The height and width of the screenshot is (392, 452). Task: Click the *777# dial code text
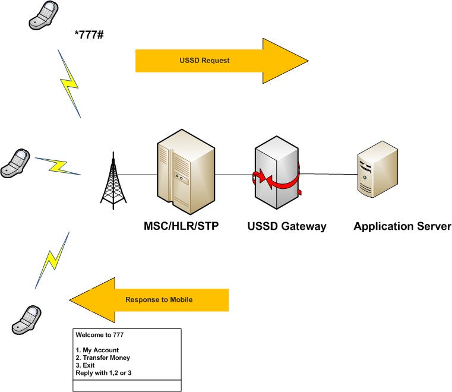point(88,34)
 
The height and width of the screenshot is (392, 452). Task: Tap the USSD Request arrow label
point(204,61)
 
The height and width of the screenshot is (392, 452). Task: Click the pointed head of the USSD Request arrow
point(308,61)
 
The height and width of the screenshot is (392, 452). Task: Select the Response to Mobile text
point(159,300)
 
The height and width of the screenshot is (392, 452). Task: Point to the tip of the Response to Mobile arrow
point(69,300)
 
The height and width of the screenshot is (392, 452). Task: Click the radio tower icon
point(113,181)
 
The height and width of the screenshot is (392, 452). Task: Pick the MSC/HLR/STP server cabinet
point(186,172)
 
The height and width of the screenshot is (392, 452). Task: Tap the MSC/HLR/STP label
point(181,226)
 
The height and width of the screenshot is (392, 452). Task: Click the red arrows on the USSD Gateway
point(276,180)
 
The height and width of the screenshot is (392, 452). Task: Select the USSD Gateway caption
point(287,226)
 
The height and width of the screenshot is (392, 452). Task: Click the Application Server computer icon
point(378,169)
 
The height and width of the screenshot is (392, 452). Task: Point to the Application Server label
point(403,226)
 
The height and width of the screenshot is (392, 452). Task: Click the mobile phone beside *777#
point(43,15)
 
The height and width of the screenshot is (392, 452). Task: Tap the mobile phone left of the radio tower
point(15,163)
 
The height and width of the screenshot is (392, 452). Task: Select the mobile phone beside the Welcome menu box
point(27,320)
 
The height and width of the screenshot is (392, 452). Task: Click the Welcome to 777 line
point(99,335)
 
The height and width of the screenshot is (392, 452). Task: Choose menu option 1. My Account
point(97,350)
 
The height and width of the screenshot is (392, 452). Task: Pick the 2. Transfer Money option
point(103,358)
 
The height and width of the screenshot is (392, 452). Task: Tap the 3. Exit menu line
point(85,365)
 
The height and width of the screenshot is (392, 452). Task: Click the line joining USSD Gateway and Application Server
point(328,174)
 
